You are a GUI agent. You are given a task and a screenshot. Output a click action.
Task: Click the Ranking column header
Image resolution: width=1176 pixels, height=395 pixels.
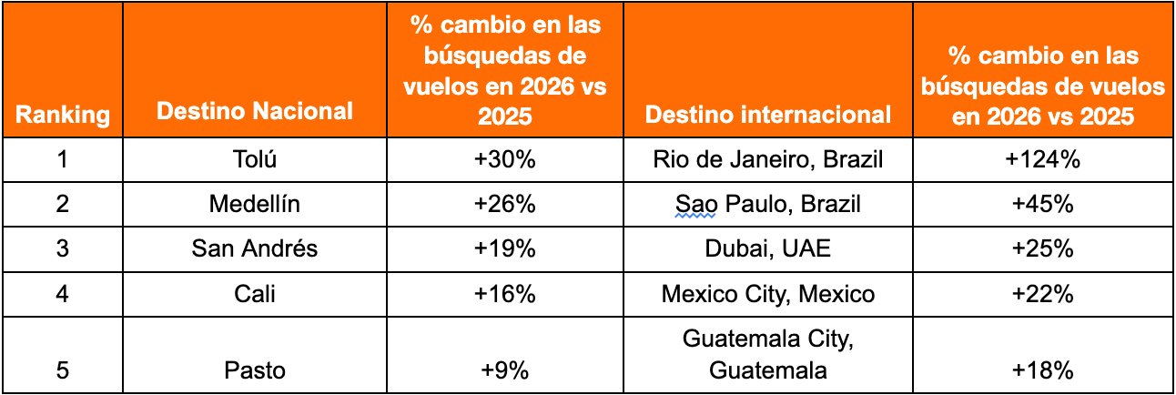click(x=62, y=115)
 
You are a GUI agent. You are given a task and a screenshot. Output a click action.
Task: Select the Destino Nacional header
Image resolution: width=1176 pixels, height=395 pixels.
click(x=255, y=111)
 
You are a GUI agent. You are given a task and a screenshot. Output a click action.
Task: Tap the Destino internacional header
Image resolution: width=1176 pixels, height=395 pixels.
click(x=768, y=114)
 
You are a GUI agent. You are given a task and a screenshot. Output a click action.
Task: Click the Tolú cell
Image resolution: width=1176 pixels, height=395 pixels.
click(x=254, y=160)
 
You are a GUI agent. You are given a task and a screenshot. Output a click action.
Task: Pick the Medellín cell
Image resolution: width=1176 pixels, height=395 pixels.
click(x=254, y=205)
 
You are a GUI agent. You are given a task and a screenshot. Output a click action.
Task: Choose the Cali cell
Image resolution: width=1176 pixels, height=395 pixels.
click(x=254, y=294)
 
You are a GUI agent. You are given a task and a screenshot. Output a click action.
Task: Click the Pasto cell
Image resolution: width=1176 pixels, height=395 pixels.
click(x=254, y=370)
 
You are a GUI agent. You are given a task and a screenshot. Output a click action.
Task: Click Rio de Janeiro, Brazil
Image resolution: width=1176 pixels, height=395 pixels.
click(x=768, y=160)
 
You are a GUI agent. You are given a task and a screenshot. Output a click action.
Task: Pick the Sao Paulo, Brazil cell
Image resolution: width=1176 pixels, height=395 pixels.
click(x=768, y=205)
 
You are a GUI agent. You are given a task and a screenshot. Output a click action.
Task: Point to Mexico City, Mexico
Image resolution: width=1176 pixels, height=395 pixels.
click(x=768, y=294)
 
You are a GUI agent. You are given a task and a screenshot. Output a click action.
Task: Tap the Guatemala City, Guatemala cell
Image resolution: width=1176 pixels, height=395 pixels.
click(x=768, y=354)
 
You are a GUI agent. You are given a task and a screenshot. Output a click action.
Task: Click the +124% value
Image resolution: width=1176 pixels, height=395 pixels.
click(x=1043, y=160)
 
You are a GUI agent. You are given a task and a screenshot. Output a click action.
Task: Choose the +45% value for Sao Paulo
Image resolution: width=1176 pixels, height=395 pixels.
click(x=1043, y=205)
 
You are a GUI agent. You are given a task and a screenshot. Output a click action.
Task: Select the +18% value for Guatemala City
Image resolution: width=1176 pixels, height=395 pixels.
click(x=1043, y=370)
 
